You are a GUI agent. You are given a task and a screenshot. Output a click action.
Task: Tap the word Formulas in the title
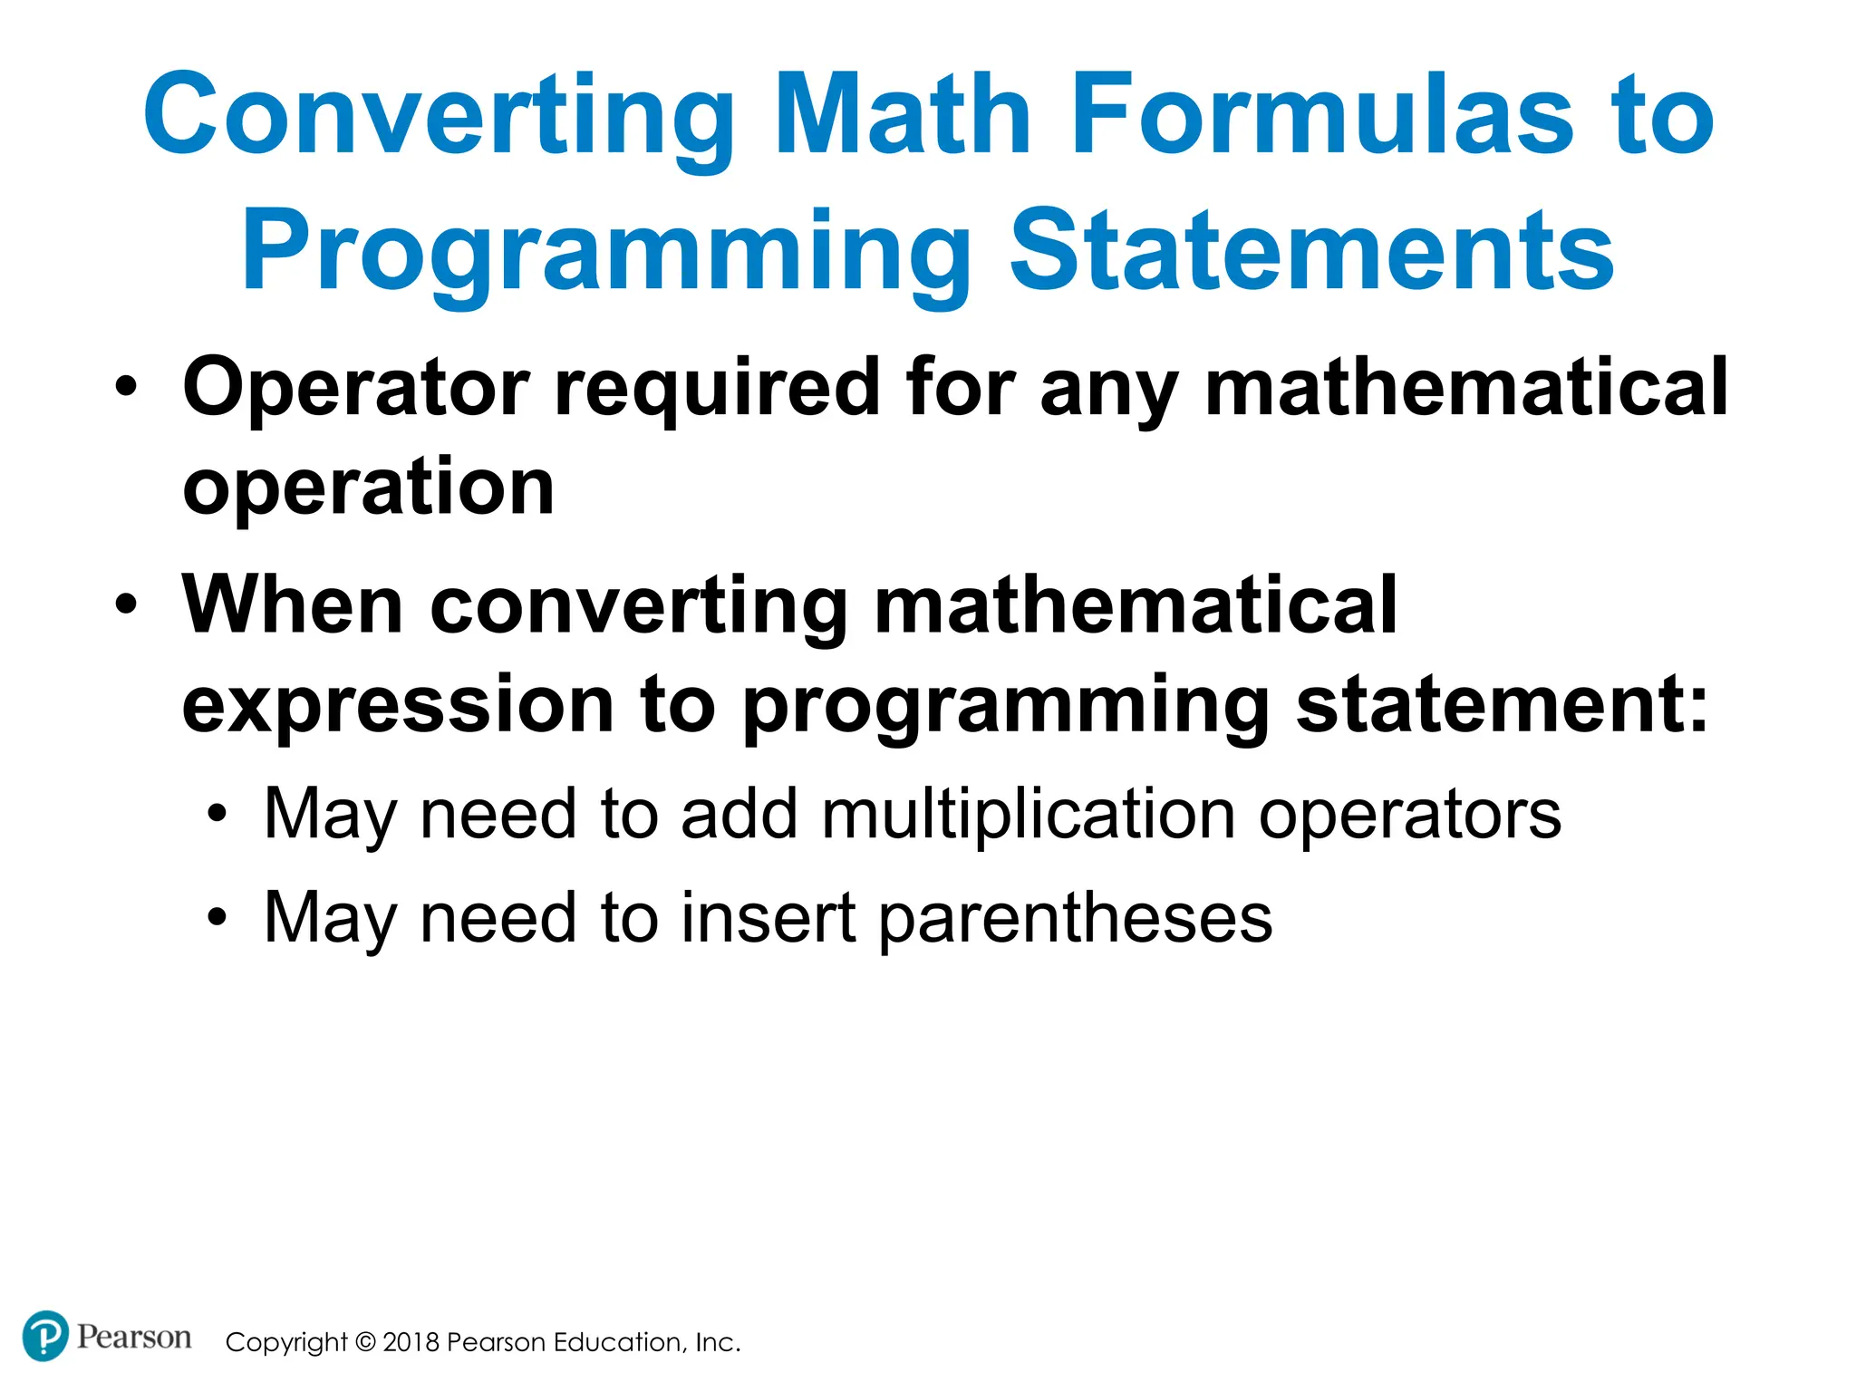[1322, 116]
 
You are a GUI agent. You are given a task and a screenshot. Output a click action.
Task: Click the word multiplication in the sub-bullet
[1029, 814]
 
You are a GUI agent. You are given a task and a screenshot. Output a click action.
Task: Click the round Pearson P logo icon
[44, 1336]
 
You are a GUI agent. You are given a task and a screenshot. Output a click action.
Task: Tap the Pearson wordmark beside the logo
[134, 1337]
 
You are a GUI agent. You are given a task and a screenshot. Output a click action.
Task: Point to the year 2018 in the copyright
[411, 1342]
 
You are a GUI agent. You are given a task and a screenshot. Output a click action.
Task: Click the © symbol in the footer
[365, 1342]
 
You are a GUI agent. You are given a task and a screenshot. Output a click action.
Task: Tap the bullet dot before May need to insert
[216, 918]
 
